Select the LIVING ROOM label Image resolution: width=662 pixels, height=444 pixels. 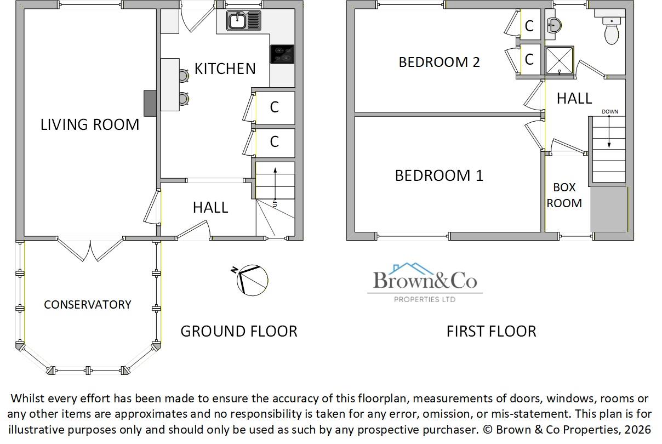coord(90,124)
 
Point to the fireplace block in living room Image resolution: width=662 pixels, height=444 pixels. coord(150,103)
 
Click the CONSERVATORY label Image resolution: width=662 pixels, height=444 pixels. coord(88,305)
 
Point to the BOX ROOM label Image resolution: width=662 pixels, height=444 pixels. coord(564,195)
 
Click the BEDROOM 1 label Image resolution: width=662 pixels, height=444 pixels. coord(439,175)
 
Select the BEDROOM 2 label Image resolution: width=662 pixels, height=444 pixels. coord(439,62)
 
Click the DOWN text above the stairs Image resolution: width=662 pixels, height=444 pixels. coord(609,112)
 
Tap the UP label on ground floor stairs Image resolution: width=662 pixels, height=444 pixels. coord(275,203)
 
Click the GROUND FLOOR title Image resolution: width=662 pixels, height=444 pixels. coord(239,331)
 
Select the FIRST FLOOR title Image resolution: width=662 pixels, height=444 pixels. coord(491,331)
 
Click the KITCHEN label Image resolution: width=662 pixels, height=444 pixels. coord(225,69)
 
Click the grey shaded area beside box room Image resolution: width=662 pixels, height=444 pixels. coord(608,209)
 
